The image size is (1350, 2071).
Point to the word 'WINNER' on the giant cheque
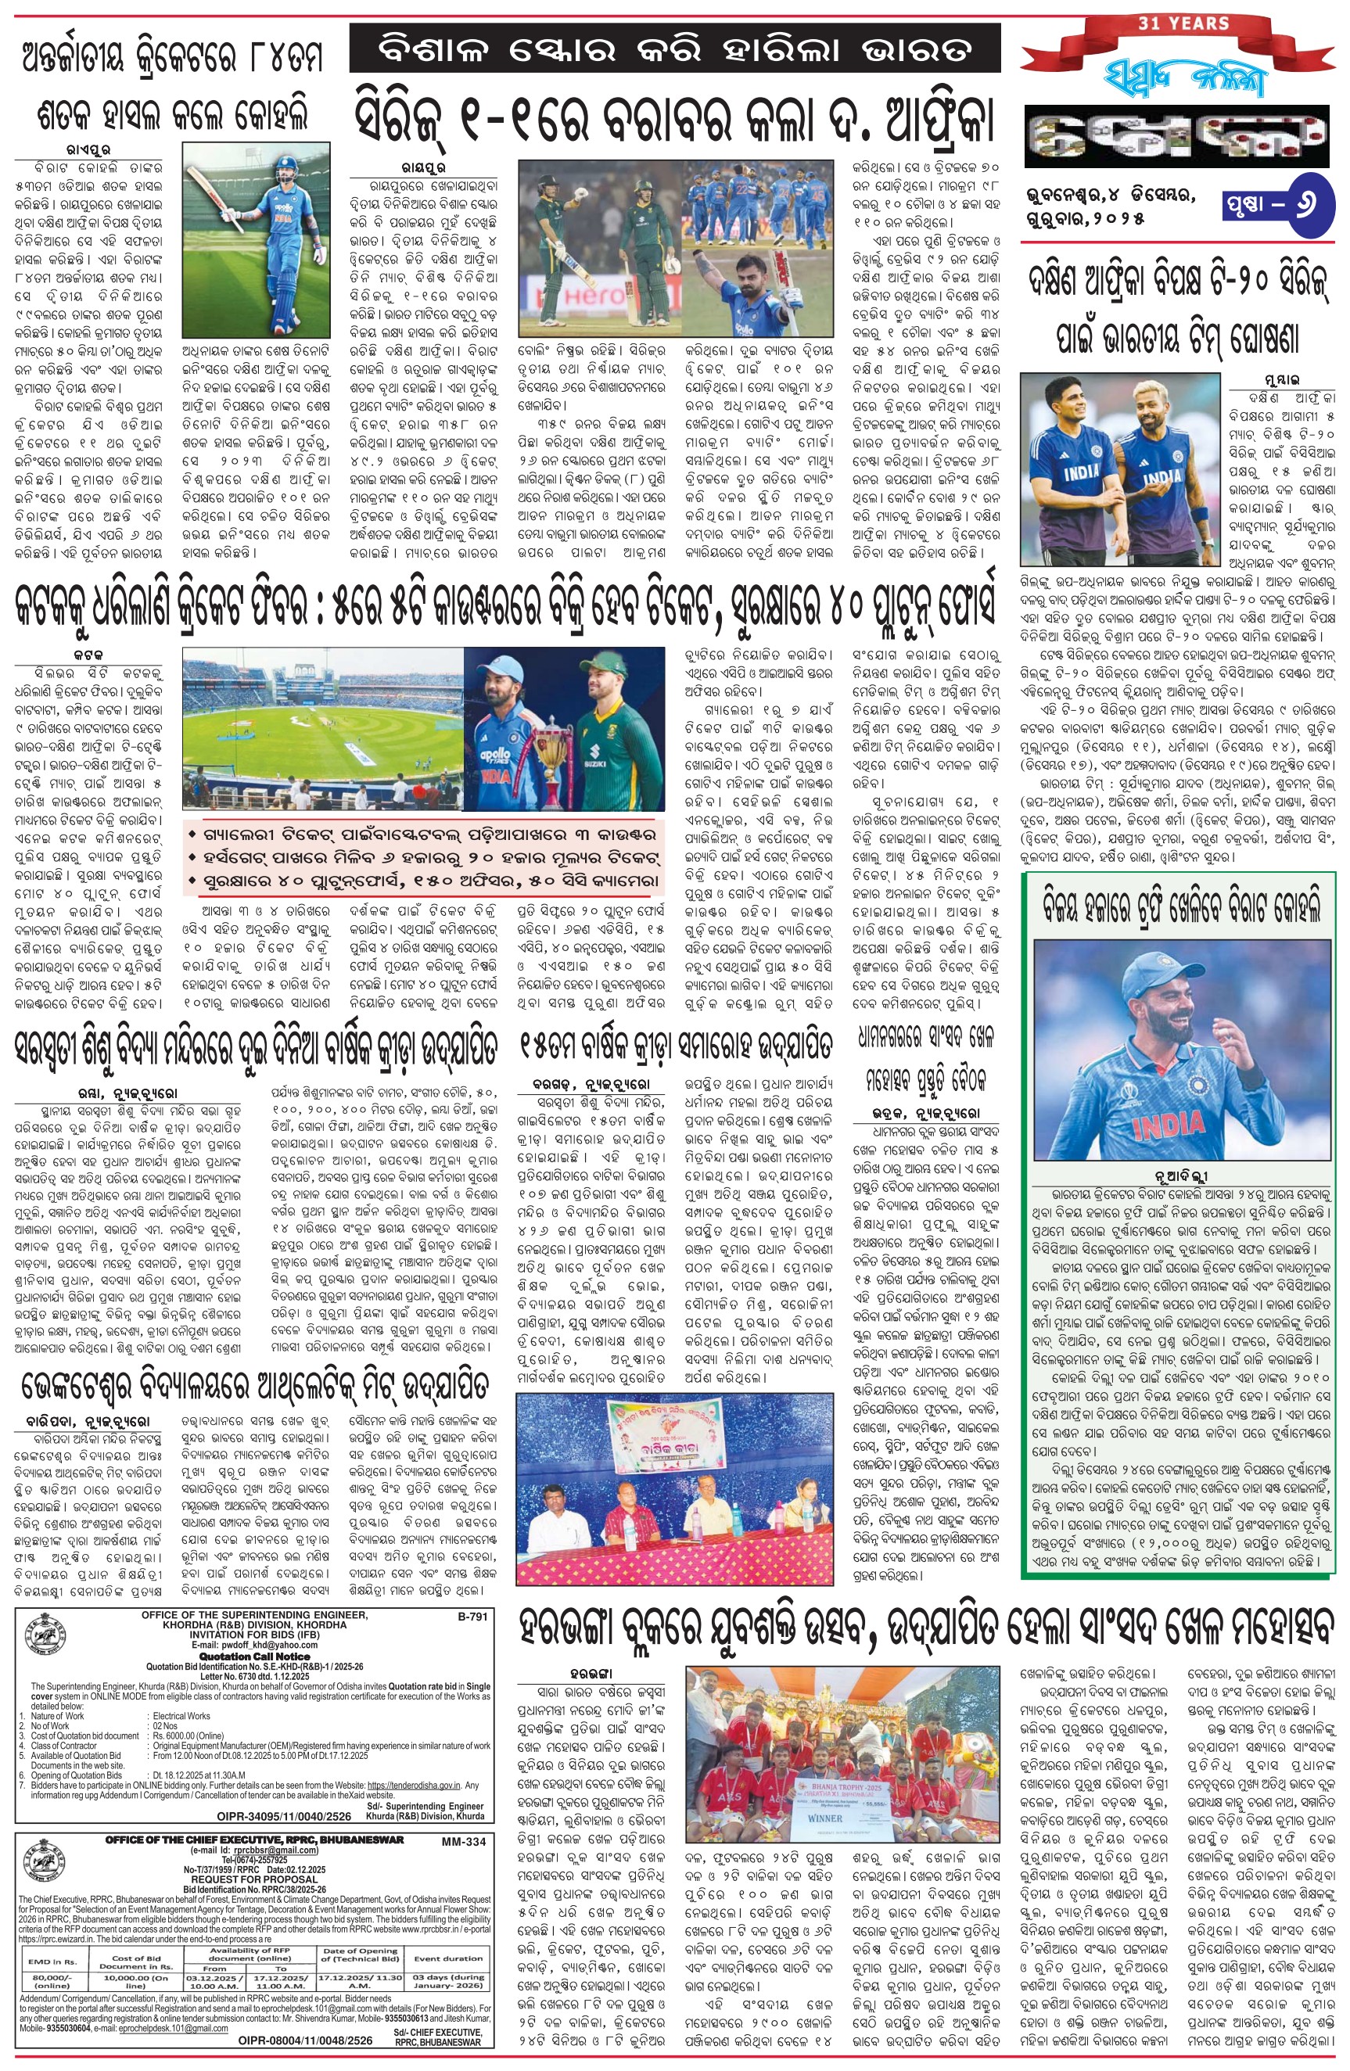point(824,1817)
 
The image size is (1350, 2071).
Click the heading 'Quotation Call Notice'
point(253,1658)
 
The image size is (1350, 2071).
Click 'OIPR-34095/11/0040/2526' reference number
point(284,1816)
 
